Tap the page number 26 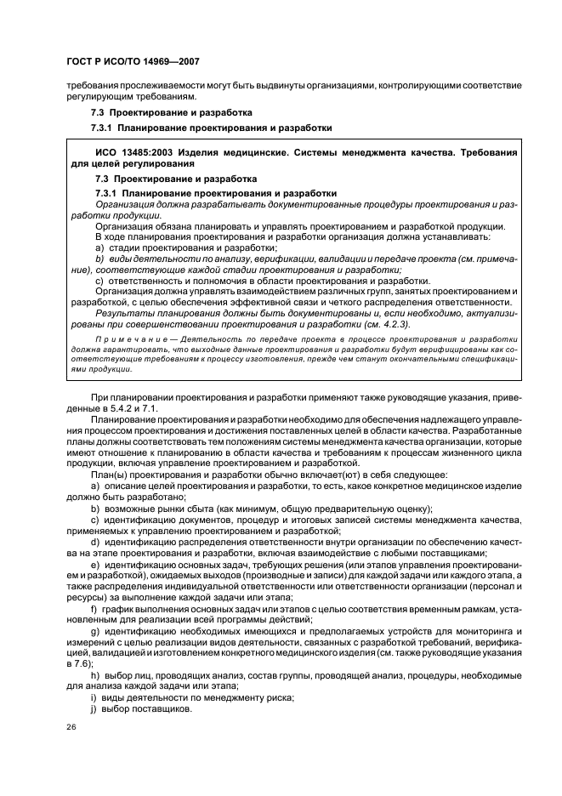(x=71, y=727)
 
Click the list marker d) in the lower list (x=94, y=542)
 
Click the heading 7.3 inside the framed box (x=101, y=179)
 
